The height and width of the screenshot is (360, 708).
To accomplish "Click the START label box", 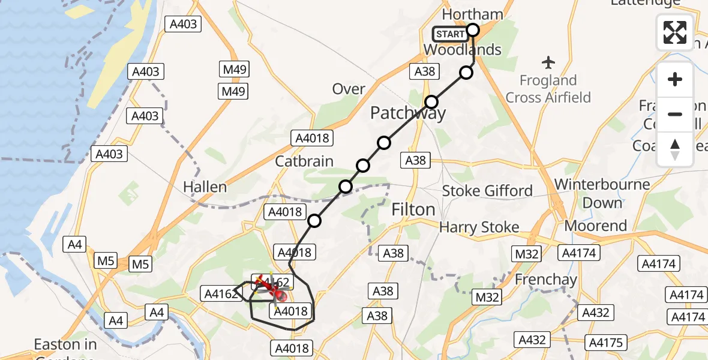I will pyautogui.click(x=451, y=34).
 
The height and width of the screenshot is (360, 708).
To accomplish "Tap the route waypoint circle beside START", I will pyautogui.click(x=473, y=30).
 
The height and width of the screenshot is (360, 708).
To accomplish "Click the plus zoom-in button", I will pyautogui.click(x=675, y=79).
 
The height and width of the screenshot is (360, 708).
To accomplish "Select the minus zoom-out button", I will pyautogui.click(x=675, y=114).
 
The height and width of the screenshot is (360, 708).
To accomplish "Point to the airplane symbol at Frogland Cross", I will pyautogui.click(x=548, y=62).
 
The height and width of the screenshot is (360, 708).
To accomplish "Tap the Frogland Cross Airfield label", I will pyautogui.click(x=548, y=89).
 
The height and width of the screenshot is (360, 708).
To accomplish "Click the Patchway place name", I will pyautogui.click(x=408, y=113).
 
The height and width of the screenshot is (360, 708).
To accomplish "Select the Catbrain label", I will pyautogui.click(x=304, y=161).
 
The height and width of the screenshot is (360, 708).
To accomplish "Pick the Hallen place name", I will pyautogui.click(x=205, y=187).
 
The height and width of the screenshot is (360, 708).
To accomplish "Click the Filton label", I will pyautogui.click(x=413, y=209).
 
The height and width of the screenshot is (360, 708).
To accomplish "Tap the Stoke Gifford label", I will pyautogui.click(x=487, y=191).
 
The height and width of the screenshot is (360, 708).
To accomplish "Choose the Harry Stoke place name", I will pyautogui.click(x=479, y=227).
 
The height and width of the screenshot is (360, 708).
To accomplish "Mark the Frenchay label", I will pyautogui.click(x=545, y=280).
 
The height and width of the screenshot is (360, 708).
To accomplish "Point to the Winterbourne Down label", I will pyautogui.click(x=602, y=193).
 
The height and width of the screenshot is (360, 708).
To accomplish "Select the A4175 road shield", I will pyautogui.click(x=605, y=343).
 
